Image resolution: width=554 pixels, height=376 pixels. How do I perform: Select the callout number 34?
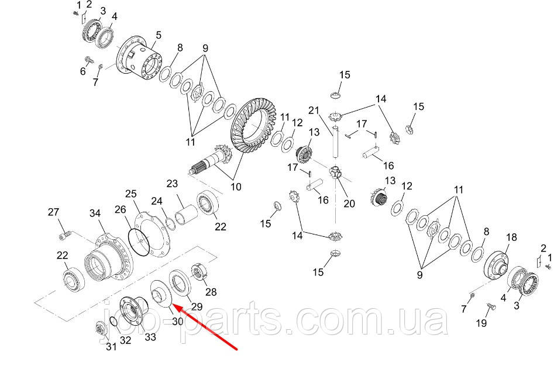[x=95, y=213]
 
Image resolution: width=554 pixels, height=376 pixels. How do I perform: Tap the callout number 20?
[x=349, y=203]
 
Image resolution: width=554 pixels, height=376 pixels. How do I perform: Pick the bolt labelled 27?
[x=65, y=234]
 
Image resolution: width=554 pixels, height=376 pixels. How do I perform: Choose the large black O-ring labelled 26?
[x=139, y=242]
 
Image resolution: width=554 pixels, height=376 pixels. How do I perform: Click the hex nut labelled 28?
[x=198, y=272]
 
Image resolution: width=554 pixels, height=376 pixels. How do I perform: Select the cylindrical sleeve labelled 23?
[x=186, y=214]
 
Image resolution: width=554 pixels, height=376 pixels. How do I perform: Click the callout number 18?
[x=511, y=237]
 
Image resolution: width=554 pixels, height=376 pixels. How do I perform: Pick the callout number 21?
[x=314, y=111]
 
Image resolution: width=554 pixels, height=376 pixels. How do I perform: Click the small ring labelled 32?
[x=113, y=321]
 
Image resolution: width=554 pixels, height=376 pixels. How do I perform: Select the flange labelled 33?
[x=130, y=311]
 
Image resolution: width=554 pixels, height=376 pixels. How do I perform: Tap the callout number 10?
[x=236, y=187]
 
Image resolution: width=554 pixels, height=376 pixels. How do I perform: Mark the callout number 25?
[x=130, y=194]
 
